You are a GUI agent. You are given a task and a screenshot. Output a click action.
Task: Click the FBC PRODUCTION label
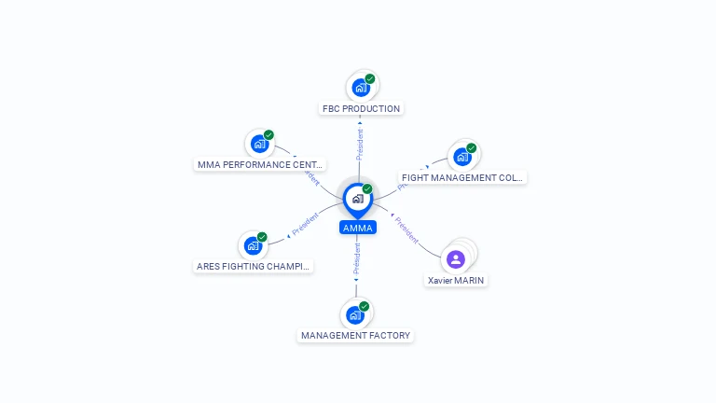(x=361, y=108)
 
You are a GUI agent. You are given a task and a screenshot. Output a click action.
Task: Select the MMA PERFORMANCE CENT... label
(x=260, y=164)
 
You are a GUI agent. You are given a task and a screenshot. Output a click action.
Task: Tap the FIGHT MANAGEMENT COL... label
(x=461, y=177)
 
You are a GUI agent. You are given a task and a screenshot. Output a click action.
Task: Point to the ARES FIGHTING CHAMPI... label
(x=253, y=266)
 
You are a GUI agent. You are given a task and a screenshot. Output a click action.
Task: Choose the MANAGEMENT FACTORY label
(x=355, y=335)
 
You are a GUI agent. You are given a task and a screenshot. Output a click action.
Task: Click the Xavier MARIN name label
(x=456, y=280)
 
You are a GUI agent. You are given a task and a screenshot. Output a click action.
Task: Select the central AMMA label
(x=357, y=228)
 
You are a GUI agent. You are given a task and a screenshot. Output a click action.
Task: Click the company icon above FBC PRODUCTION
(x=360, y=88)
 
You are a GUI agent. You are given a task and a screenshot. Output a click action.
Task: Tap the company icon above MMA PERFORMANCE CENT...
(x=259, y=144)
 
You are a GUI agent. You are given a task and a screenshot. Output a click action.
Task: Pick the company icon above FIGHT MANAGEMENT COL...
(x=461, y=156)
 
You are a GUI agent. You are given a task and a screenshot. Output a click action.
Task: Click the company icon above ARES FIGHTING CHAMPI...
(x=252, y=246)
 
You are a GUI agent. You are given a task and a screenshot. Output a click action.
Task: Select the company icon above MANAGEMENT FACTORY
(x=354, y=315)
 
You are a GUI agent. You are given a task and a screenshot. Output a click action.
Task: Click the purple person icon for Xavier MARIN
(x=455, y=258)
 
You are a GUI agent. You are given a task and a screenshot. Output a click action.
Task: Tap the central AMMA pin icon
(x=357, y=199)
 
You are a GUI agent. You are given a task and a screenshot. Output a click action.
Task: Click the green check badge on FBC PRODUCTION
(x=370, y=79)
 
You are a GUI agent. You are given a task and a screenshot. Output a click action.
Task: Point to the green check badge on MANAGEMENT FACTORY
(x=365, y=306)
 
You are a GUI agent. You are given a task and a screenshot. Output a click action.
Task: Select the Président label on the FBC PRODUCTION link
(x=360, y=144)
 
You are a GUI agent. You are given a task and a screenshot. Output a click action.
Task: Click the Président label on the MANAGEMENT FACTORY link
(x=356, y=259)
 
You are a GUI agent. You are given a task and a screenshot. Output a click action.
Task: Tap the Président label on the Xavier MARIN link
(x=406, y=229)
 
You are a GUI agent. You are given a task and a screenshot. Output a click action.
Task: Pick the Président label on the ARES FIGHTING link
(x=305, y=225)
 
